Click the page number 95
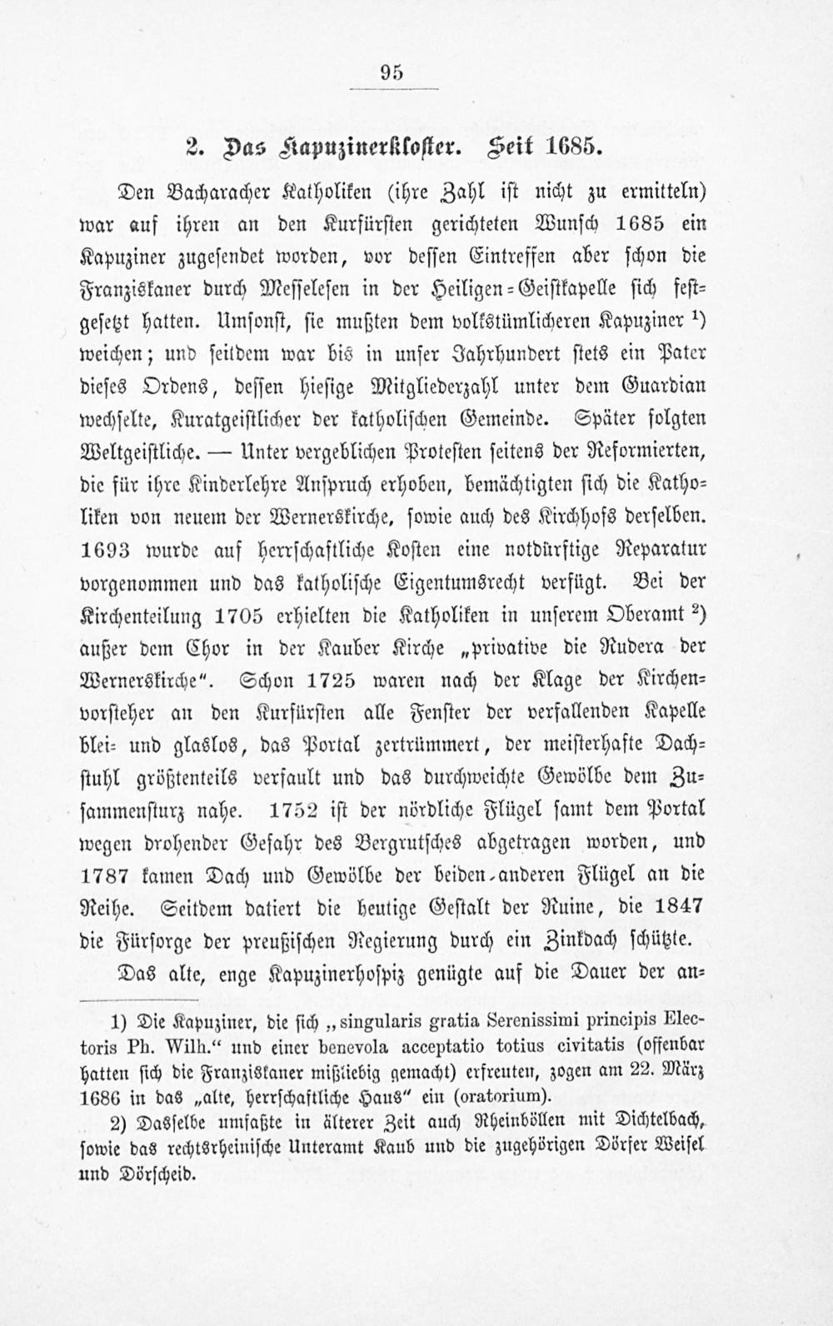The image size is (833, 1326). [392, 72]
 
